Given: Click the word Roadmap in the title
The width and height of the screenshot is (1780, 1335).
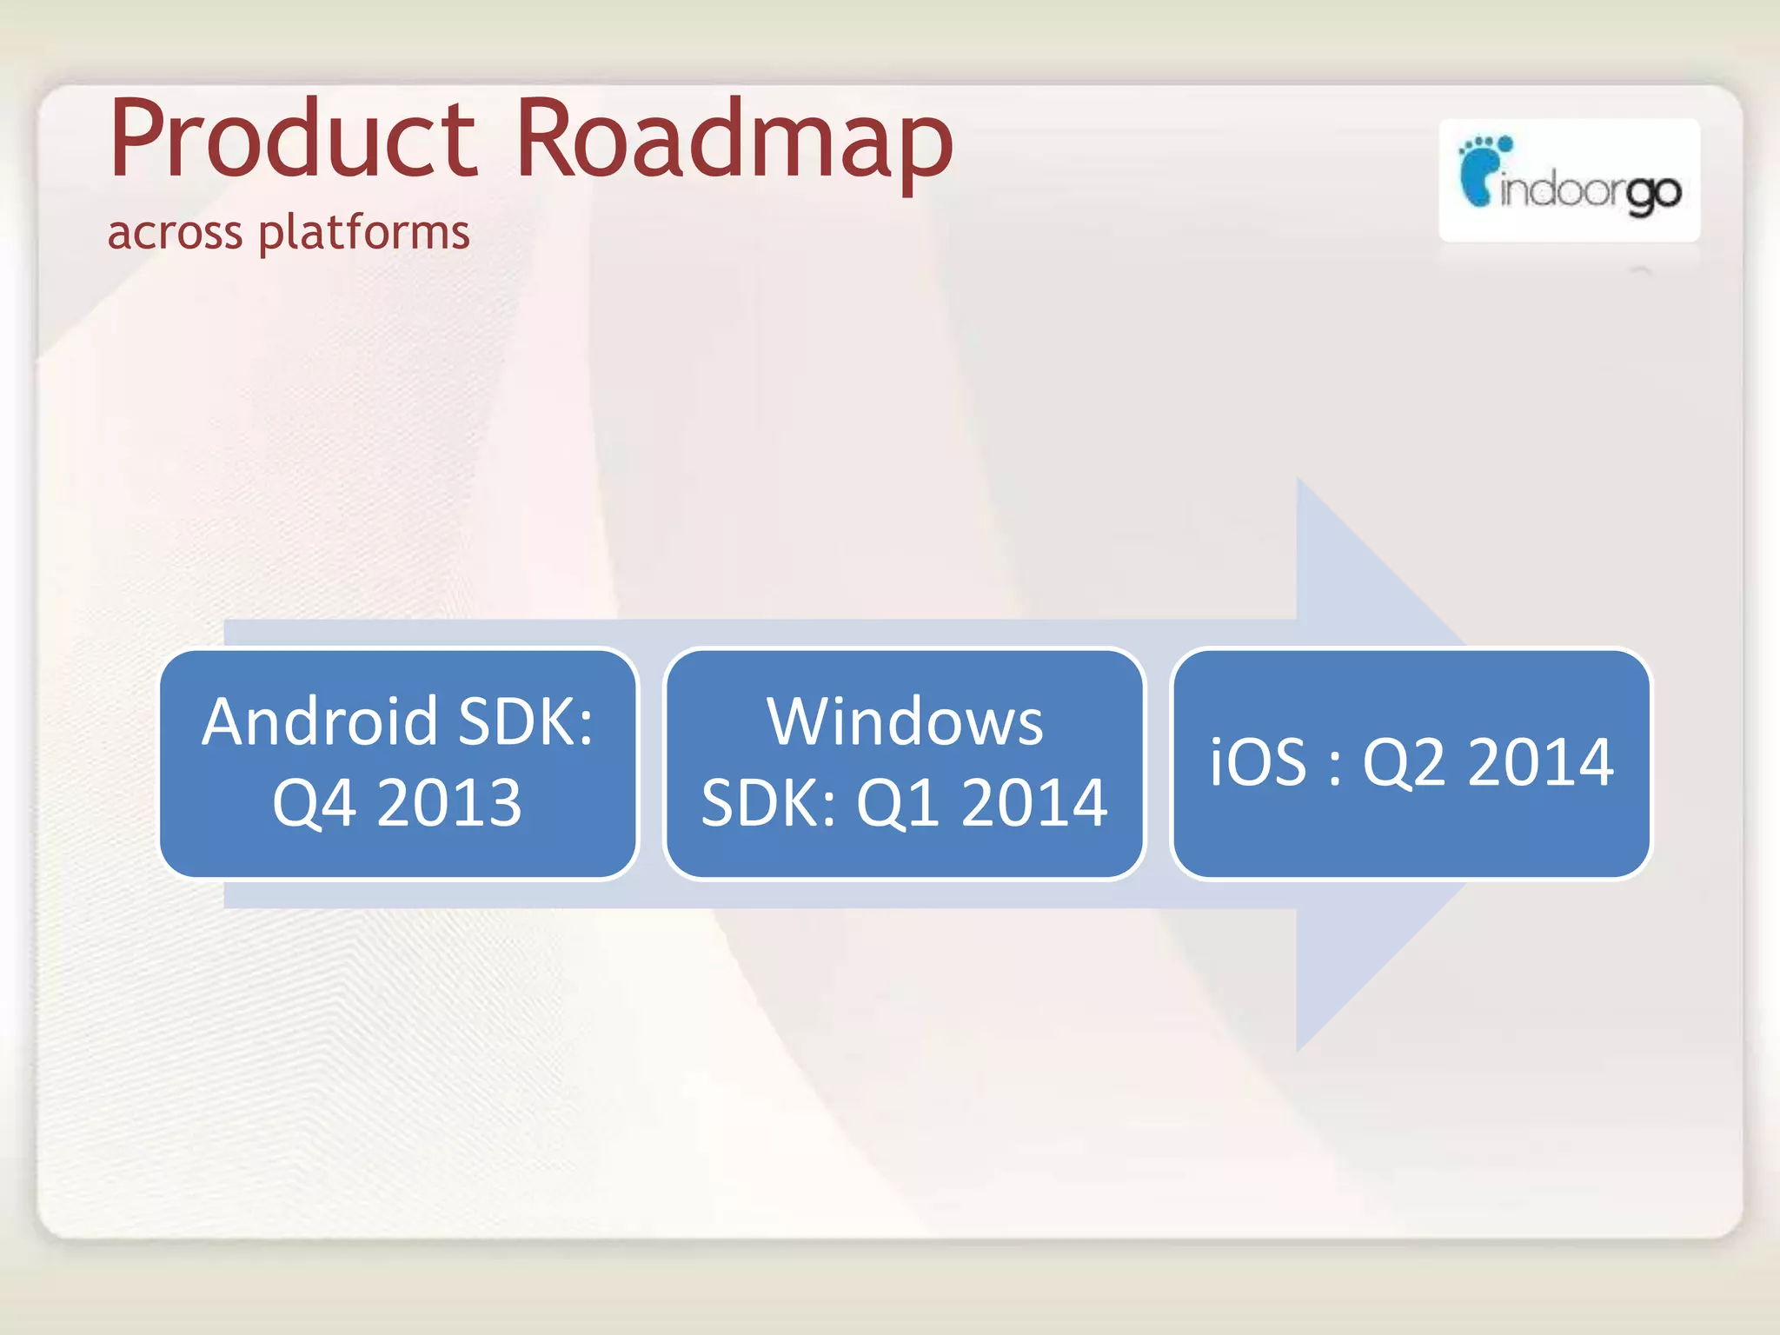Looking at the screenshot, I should coord(734,139).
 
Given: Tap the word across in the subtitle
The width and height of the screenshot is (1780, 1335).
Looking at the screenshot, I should coord(175,233).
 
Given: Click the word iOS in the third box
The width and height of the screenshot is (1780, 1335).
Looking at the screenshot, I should coord(1258,762).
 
